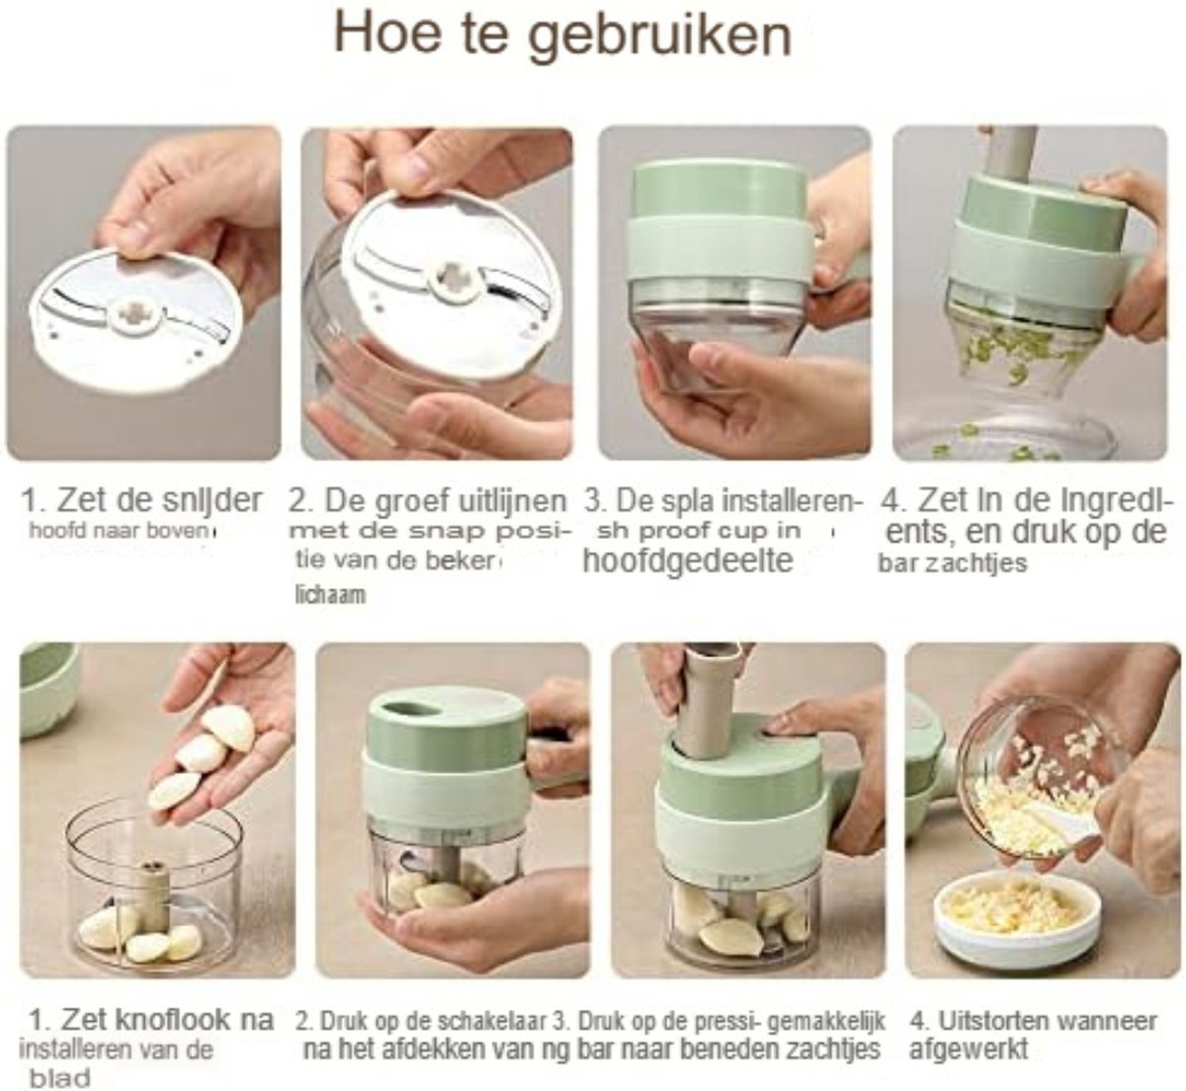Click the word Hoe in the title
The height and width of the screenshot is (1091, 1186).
[387, 33]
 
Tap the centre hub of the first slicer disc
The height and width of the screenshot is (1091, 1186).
[136, 311]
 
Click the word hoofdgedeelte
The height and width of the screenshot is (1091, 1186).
[687, 560]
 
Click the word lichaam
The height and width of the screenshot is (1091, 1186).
[330, 594]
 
